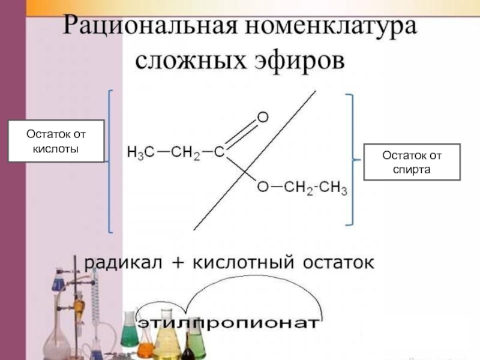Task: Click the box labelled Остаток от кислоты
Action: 56,141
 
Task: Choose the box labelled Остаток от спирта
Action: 412,162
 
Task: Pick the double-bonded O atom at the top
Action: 263,118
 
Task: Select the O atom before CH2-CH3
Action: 263,188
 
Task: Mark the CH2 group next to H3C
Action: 185,152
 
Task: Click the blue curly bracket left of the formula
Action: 110,161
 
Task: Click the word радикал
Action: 120,262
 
